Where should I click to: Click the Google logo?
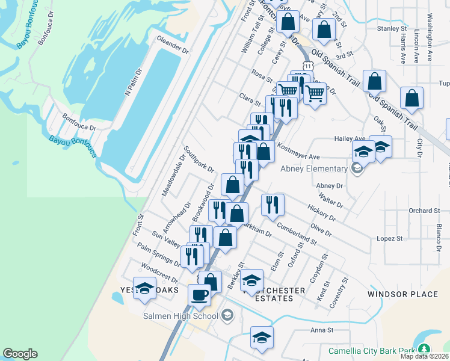[20, 354]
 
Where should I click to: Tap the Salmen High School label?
[180, 315]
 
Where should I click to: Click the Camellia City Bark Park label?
[372, 350]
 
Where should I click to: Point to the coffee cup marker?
[200, 295]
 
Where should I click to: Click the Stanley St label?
[392, 28]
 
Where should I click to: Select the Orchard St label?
[424, 211]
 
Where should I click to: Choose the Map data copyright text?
[424, 356]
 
